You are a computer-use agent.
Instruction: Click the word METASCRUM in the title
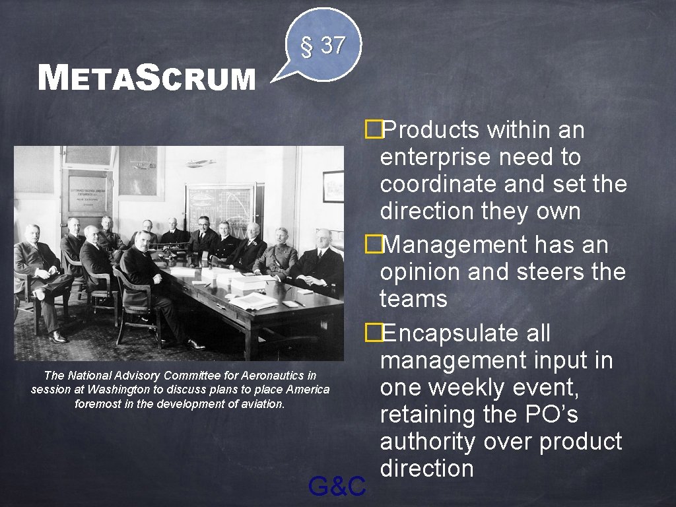pyautogui.click(x=147, y=78)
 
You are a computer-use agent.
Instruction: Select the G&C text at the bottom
pyautogui.click(x=337, y=487)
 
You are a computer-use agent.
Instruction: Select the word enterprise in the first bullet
pyautogui.click(x=436, y=158)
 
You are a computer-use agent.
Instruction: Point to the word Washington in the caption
pyautogui.click(x=120, y=389)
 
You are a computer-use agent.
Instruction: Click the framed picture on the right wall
pyautogui.click(x=333, y=186)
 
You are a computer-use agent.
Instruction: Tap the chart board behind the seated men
pyautogui.click(x=219, y=205)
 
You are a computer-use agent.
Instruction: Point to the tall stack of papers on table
pyautogui.click(x=248, y=285)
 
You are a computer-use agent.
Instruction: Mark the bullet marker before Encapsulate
pyautogui.click(x=374, y=333)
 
